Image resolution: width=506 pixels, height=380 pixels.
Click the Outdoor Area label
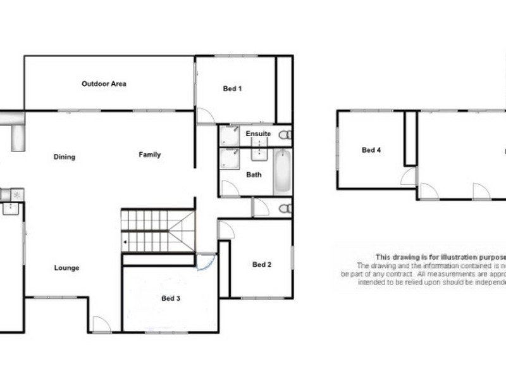coord(104,84)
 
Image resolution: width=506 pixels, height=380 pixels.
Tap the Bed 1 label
coord(232,89)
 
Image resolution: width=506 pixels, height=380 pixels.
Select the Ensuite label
coord(259,134)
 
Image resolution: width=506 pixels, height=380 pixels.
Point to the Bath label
coord(254,174)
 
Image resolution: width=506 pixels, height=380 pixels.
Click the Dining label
coord(65,157)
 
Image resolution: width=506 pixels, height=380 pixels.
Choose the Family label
coord(150,155)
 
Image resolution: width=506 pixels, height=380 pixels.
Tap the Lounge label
coord(66,268)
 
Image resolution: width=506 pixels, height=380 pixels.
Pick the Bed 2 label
coord(261,265)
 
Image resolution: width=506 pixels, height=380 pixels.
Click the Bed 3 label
coord(171,298)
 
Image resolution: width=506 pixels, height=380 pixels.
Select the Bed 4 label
coord(371,151)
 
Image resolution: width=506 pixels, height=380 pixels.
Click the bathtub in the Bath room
coord(282,172)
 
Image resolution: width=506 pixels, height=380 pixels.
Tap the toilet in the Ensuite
coord(286,134)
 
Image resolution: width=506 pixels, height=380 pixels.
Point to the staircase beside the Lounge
coord(157,231)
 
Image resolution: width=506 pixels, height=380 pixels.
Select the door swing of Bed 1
coord(205,116)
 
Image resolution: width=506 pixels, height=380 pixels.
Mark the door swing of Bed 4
coord(409,177)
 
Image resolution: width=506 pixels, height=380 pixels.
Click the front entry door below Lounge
coord(101,324)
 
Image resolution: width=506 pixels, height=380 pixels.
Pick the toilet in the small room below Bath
coord(286,208)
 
